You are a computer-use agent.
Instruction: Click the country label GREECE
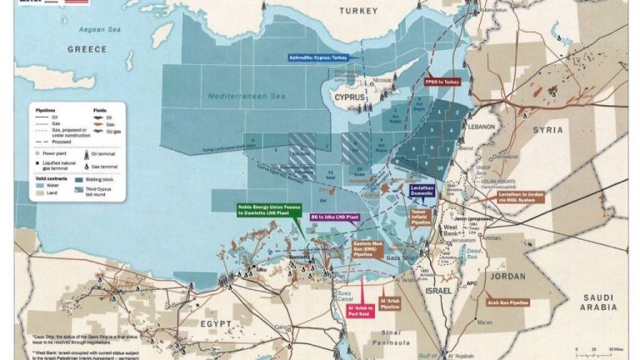click(87, 50)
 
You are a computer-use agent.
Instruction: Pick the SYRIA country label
click(548, 130)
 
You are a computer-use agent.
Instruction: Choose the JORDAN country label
click(508, 276)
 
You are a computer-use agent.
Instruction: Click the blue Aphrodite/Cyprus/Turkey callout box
click(317, 58)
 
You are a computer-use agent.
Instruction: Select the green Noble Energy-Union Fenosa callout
click(267, 209)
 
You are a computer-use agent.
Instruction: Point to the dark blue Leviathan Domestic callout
click(422, 191)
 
